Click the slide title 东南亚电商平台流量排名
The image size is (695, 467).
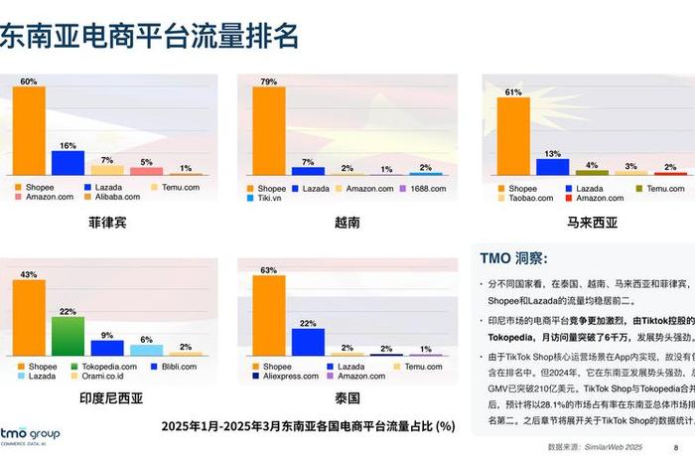(149, 37)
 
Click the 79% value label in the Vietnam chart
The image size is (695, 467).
(268, 80)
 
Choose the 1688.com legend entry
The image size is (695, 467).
(422, 188)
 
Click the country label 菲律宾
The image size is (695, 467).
(107, 224)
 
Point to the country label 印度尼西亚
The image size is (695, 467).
(109, 398)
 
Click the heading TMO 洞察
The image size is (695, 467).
(513, 258)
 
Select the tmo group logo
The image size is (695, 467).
(30, 437)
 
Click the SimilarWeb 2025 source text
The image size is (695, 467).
(625, 448)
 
